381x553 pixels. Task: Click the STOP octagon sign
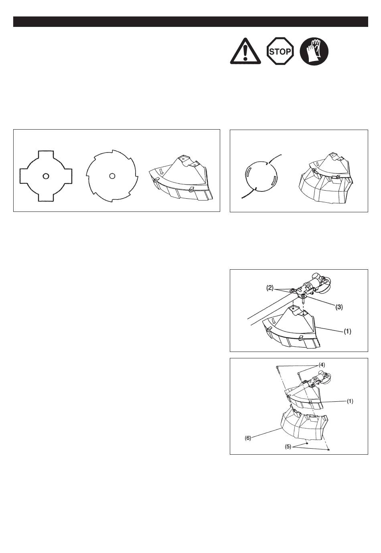tap(280, 51)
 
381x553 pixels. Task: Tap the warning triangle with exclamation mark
tap(245, 51)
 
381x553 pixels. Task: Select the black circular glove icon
tap(314, 51)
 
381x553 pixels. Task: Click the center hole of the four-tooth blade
tap(46, 176)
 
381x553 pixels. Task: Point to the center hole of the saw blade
tap(112, 176)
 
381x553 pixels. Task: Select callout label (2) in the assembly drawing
tap(270, 288)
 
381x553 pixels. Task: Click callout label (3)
tap(339, 307)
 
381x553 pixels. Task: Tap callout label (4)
tap(322, 365)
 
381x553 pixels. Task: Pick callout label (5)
tap(288, 447)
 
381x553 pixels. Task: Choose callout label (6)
tap(248, 438)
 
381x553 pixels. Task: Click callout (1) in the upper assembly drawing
tap(347, 332)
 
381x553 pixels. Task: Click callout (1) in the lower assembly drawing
tap(350, 401)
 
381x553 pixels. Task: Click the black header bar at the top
tap(190, 22)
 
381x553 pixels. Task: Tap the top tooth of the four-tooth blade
tap(46, 156)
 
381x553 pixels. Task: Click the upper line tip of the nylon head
tap(281, 155)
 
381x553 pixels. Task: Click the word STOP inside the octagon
tap(280, 52)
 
